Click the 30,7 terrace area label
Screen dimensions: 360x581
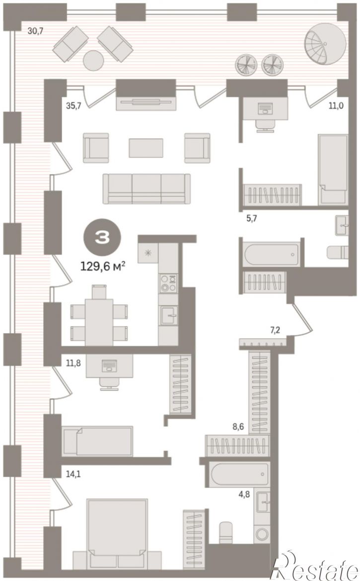click(36, 31)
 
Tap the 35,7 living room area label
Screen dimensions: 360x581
click(73, 106)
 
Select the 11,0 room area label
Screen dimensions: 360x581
click(336, 106)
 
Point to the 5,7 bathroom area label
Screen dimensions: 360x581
click(251, 218)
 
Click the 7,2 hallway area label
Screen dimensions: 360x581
click(275, 330)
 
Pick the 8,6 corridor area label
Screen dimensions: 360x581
click(238, 427)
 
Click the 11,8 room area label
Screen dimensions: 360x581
click(73, 363)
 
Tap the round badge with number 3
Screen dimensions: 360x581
click(102, 238)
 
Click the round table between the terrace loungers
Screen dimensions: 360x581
click(93, 60)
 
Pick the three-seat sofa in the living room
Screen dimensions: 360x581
click(146, 189)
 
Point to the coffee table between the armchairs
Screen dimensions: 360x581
click(146, 148)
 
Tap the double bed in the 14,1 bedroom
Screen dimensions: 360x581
click(117, 533)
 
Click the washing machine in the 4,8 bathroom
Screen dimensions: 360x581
click(262, 534)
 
